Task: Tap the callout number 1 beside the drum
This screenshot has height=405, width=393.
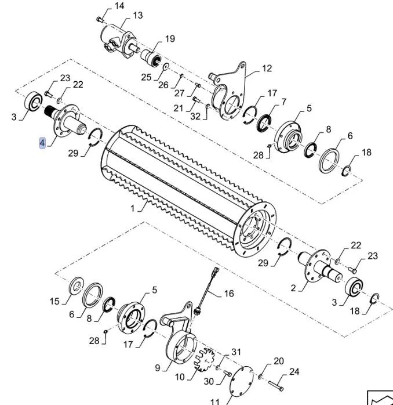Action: click(132, 208)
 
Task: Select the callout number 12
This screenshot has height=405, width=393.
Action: click(266, 68)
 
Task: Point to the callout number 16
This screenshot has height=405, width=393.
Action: click(229, 294)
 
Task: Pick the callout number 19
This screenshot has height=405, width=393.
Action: click(169, 39)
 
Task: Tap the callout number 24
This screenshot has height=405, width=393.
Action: click(294, 371)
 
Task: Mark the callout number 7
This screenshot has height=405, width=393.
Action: click(283, 102)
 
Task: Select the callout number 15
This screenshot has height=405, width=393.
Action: click(54, 301)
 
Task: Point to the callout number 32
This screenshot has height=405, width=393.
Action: click(195, 116)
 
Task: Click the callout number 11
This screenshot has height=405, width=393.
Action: click(214, 401)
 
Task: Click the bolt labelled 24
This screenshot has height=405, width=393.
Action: click(280, 385)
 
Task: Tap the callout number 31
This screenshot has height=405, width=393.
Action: click(236, 352)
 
